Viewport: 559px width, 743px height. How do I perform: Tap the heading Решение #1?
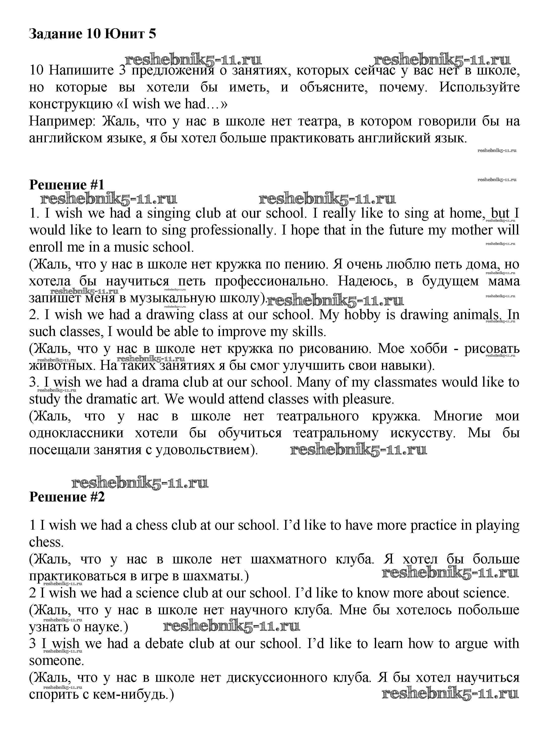point(67,185)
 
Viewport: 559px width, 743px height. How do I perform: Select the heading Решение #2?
point(67,496)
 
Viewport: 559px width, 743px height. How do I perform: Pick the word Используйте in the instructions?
point(479,87)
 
